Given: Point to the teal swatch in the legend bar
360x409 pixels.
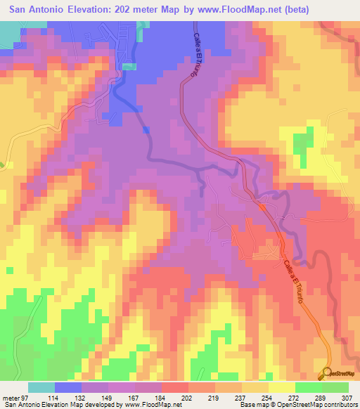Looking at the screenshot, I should point(41,387).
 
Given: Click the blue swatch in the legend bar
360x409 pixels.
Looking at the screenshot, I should point(68,387).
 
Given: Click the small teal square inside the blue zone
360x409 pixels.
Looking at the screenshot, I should point(129,67).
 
